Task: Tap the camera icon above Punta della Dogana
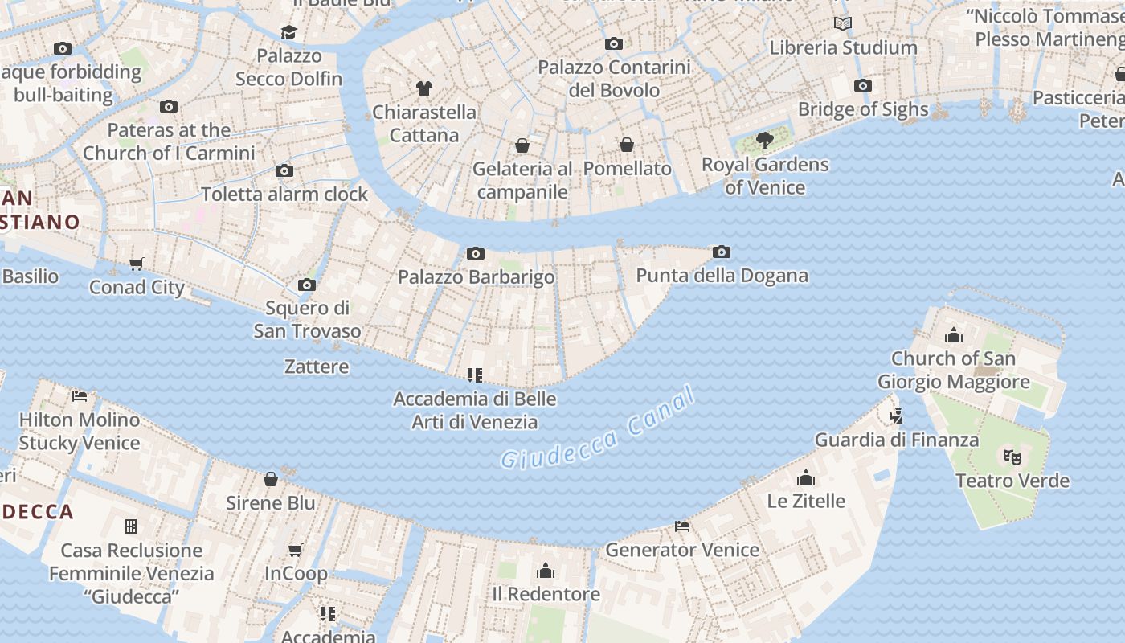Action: (722, 252)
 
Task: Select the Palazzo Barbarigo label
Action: (477, 277)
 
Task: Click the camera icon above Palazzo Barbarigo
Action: (476, 254)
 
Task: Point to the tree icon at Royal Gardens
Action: (765, 141)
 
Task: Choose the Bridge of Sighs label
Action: (863, 109)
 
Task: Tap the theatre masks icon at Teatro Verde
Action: (1012, 457)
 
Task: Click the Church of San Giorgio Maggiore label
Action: (953, 370)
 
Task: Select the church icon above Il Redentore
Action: (546, 571)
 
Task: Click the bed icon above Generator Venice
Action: (683, 526)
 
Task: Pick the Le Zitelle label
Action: (806, 502)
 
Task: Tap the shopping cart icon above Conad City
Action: (137, 264)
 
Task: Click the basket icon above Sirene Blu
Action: (271, 479)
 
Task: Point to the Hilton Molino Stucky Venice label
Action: (80, 431)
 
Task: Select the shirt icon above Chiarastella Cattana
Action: (424, 88)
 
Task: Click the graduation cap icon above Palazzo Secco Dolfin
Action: (288, 32)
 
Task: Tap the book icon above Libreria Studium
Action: (843, 24)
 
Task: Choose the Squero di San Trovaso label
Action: (307, 319)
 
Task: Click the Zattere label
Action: (317, 367)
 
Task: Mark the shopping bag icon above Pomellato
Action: (627, 145)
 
